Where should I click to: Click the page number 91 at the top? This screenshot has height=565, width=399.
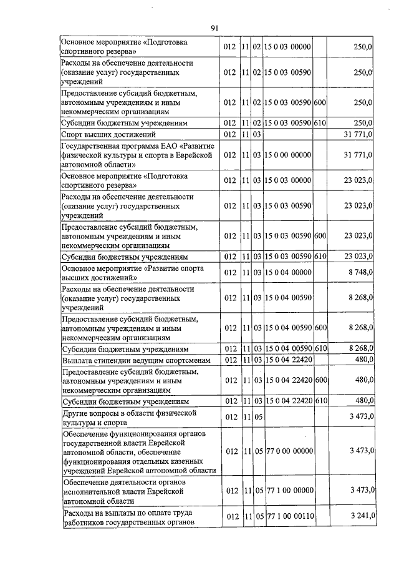point(214,28)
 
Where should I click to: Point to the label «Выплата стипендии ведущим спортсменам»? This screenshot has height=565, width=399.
point(134,360)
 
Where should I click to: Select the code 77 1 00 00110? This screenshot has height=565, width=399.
point(287,516)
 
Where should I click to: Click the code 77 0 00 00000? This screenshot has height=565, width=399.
point(287,450)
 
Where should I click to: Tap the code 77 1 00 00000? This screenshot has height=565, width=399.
point(287,490)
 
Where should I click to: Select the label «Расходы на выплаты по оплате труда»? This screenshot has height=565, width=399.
point(128,516)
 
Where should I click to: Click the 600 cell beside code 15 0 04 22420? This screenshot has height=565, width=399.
point(320,380)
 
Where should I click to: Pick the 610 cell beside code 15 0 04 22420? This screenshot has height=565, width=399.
point(320,400)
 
